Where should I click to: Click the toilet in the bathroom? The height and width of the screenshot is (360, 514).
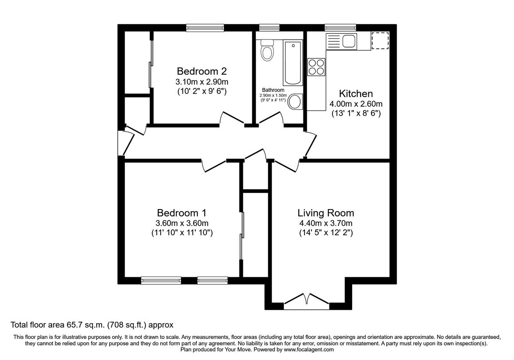268,51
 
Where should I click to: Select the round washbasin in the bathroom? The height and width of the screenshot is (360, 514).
294,102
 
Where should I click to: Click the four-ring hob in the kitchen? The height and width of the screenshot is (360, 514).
316,67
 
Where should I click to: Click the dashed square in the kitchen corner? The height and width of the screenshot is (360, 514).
380,41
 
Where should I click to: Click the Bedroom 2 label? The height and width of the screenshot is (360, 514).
201,71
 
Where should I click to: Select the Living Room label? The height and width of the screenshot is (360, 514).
326,213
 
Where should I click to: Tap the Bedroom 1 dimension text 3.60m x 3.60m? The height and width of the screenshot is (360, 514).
182,223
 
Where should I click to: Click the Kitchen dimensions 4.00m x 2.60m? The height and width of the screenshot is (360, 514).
356,104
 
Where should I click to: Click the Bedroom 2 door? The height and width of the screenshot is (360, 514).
233,118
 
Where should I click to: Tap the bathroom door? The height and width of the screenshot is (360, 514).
271,118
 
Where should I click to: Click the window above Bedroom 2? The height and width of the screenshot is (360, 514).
205,27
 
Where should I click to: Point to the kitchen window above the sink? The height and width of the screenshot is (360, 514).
341,27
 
